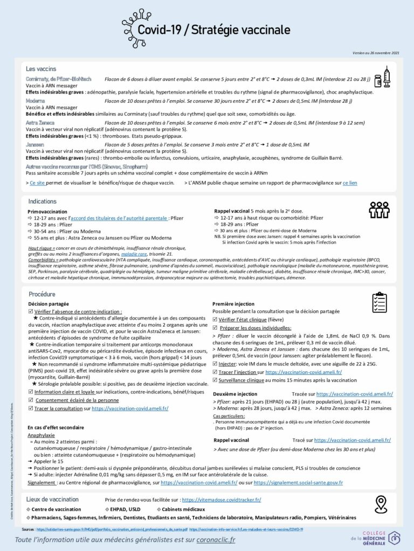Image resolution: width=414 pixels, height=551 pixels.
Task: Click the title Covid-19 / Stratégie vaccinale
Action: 213,30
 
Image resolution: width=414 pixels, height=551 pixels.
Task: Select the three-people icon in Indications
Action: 379,209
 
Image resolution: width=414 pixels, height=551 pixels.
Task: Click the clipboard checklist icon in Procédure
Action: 379,302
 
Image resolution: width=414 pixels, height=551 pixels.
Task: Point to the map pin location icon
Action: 382,504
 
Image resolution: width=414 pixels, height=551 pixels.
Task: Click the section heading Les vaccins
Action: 42,69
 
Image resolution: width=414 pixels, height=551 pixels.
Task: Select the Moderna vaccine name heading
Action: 36,101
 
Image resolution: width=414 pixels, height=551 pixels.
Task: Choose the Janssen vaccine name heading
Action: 35,145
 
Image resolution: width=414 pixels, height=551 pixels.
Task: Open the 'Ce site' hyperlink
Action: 37,183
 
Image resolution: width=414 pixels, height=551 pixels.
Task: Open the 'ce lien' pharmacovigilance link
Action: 350,183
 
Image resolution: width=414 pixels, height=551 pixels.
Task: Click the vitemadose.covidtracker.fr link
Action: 222,500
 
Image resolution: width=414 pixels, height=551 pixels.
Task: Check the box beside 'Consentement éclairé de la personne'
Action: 30,400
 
